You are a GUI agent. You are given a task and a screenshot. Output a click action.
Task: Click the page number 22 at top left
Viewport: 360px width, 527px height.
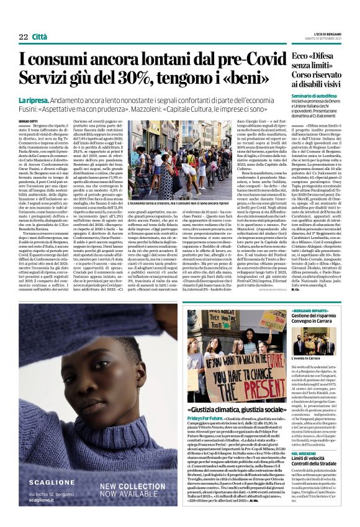coord(23,37)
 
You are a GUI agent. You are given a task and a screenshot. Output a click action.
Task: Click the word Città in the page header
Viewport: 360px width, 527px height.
coord(41,37)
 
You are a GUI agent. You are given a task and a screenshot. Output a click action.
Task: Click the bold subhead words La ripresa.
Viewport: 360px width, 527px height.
coord(33,100)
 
